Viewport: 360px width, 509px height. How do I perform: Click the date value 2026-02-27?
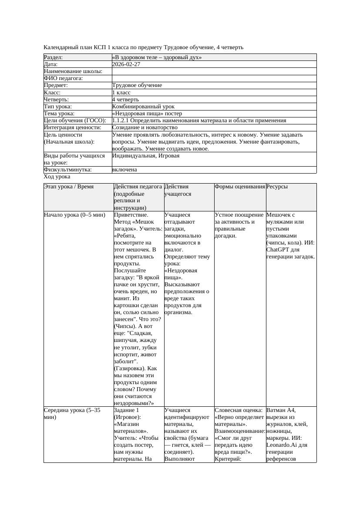[126, 64]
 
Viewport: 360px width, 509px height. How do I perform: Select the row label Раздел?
[54, 57]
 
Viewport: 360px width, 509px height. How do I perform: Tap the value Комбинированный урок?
[143, 106]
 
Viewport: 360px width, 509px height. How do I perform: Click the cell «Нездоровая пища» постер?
[141, 113]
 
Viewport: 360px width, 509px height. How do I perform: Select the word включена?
[124, 170]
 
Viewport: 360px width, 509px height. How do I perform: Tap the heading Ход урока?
[57, 177]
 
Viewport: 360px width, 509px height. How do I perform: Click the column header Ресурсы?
[277, 186]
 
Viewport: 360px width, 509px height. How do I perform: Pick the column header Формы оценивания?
[239, 186]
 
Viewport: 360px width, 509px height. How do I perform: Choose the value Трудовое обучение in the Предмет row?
[137, 85]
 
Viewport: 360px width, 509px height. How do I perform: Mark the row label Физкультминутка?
[68, 170]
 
